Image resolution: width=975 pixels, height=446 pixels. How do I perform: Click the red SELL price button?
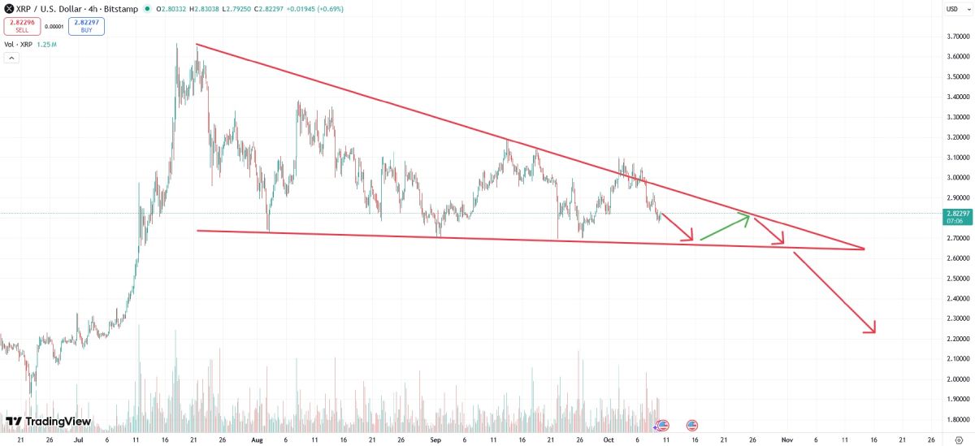tap(22, 26)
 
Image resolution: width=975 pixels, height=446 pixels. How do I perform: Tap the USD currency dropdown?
tap(952, 9)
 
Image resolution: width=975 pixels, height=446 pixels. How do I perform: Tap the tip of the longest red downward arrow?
tap(874, 331)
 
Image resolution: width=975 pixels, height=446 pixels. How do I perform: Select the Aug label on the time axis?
tap(258, 439)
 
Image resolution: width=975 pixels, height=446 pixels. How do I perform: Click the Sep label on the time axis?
tap(435, 439)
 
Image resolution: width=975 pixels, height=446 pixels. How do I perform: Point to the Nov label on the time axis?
tap(786, 439)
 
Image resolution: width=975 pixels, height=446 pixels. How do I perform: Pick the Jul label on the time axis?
tap(78, 439)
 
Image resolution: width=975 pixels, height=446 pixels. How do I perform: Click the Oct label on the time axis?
tap(609, 439)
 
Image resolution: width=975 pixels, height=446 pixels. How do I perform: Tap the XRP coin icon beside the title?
tap(8, 9)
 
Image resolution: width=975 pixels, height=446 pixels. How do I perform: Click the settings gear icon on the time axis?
tap(959, 439)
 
